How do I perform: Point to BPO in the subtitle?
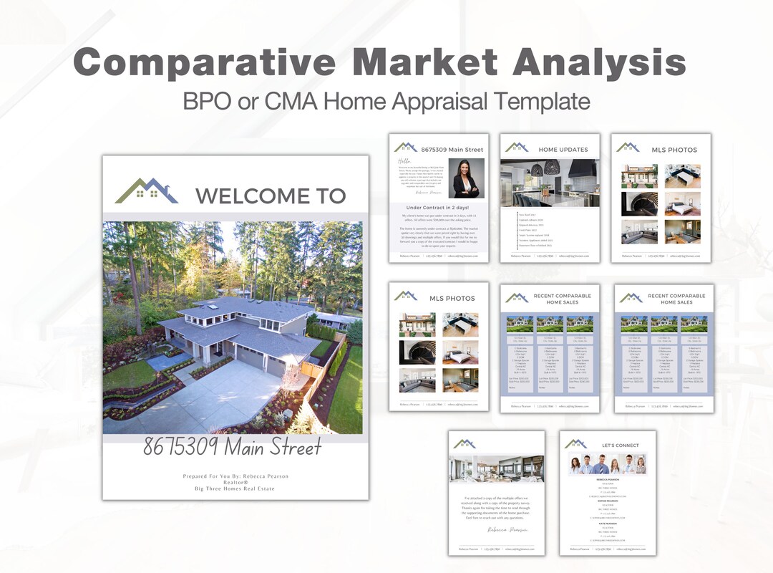(203, 101)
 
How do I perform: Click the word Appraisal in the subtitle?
(437, 101)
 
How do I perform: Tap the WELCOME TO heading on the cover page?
(270, 196)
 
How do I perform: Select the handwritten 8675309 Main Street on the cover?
(232, 448)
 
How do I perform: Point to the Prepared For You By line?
(235, 476)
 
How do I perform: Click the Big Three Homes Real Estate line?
(235, 488)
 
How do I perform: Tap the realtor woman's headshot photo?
(466, 178)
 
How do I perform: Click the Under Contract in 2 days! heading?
(438, 208)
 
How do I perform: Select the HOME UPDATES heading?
(563, 150)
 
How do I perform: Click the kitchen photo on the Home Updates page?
(550, 183)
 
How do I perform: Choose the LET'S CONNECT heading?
(620, 446)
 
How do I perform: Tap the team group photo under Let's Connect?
(608, 463)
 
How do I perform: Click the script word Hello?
(405, 162)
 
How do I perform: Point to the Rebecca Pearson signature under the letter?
(508, 530)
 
